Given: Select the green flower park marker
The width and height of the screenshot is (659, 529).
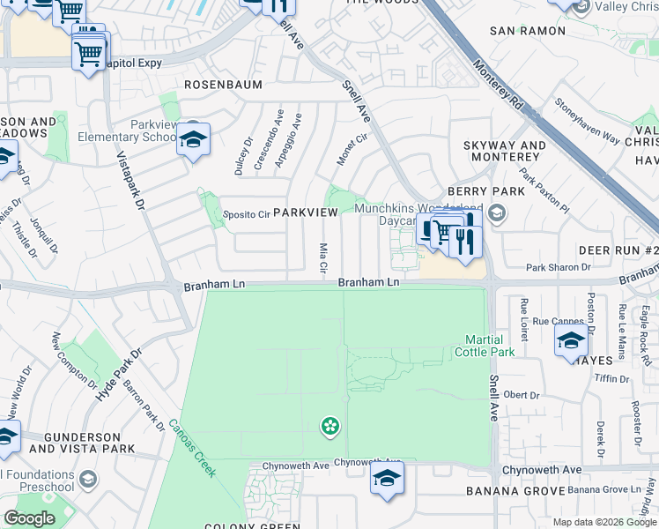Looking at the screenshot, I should tap(330, 427).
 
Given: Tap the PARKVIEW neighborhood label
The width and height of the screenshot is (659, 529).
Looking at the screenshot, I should tap(305, 213).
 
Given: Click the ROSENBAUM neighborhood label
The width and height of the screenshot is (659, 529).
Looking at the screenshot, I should tap(219, 86).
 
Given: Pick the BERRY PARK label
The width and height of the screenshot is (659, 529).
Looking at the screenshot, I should tap(473, 190).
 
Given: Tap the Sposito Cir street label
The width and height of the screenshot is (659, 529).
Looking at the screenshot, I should tap(245, 214).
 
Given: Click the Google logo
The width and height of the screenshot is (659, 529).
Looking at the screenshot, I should tap(29, 518).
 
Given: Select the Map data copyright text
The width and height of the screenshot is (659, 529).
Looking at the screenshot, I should tap(603, 522).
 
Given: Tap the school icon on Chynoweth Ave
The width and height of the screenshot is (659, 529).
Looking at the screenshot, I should tap(386, 481).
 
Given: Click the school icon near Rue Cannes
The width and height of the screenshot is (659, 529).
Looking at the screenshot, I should tap(571, 341).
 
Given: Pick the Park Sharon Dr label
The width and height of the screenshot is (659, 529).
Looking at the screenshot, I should tap(558, 267).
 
